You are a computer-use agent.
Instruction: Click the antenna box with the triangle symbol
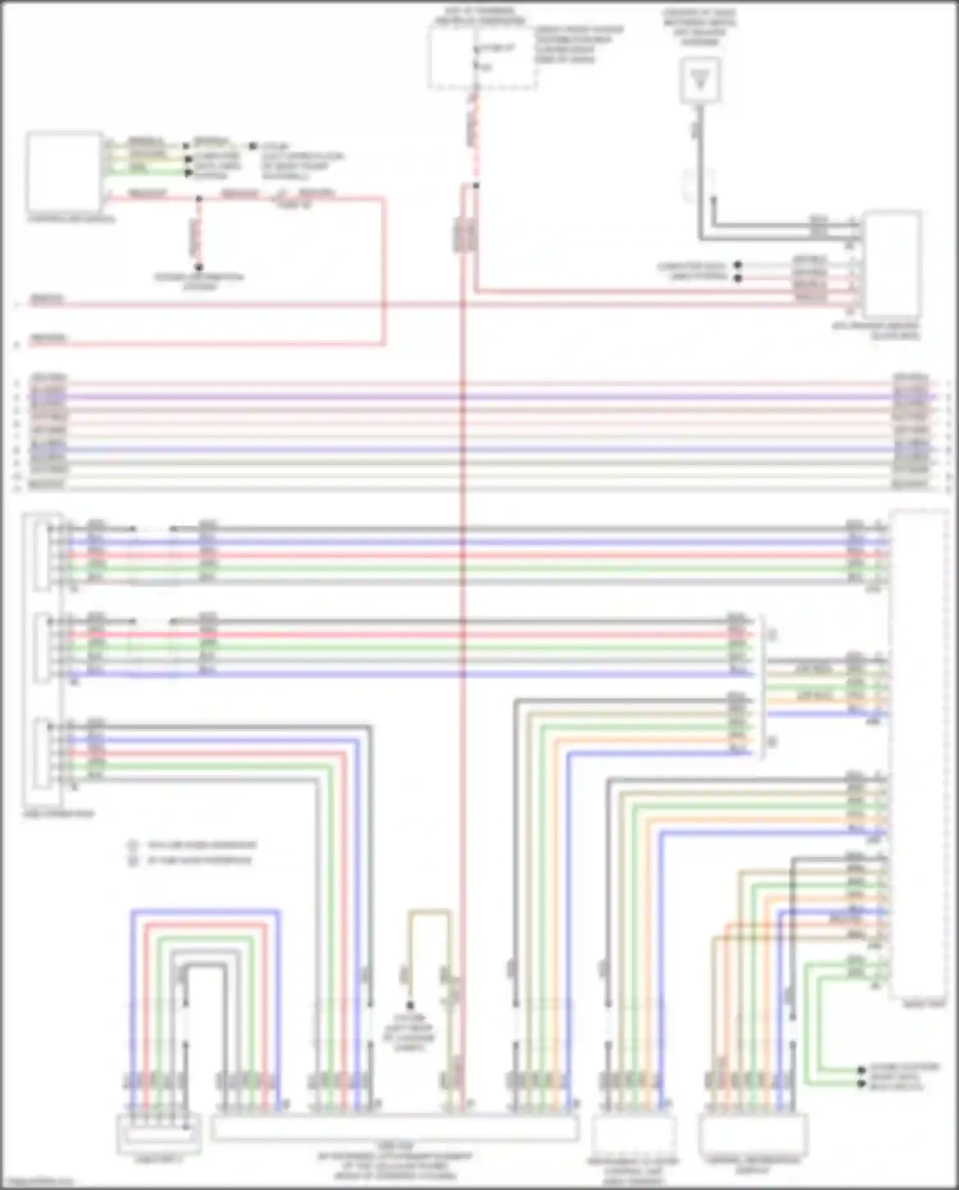(701, 79)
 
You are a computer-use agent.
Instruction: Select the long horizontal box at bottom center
(394, 1128)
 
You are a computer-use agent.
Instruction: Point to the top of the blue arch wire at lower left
(205, 911)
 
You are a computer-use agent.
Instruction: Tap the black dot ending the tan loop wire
(410, 1006)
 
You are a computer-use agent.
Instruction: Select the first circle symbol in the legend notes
(133, 845)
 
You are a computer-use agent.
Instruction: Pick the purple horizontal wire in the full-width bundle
(479, 397)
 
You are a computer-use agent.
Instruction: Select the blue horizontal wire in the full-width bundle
(479, 450)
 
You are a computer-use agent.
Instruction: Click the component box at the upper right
(891, 265)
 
